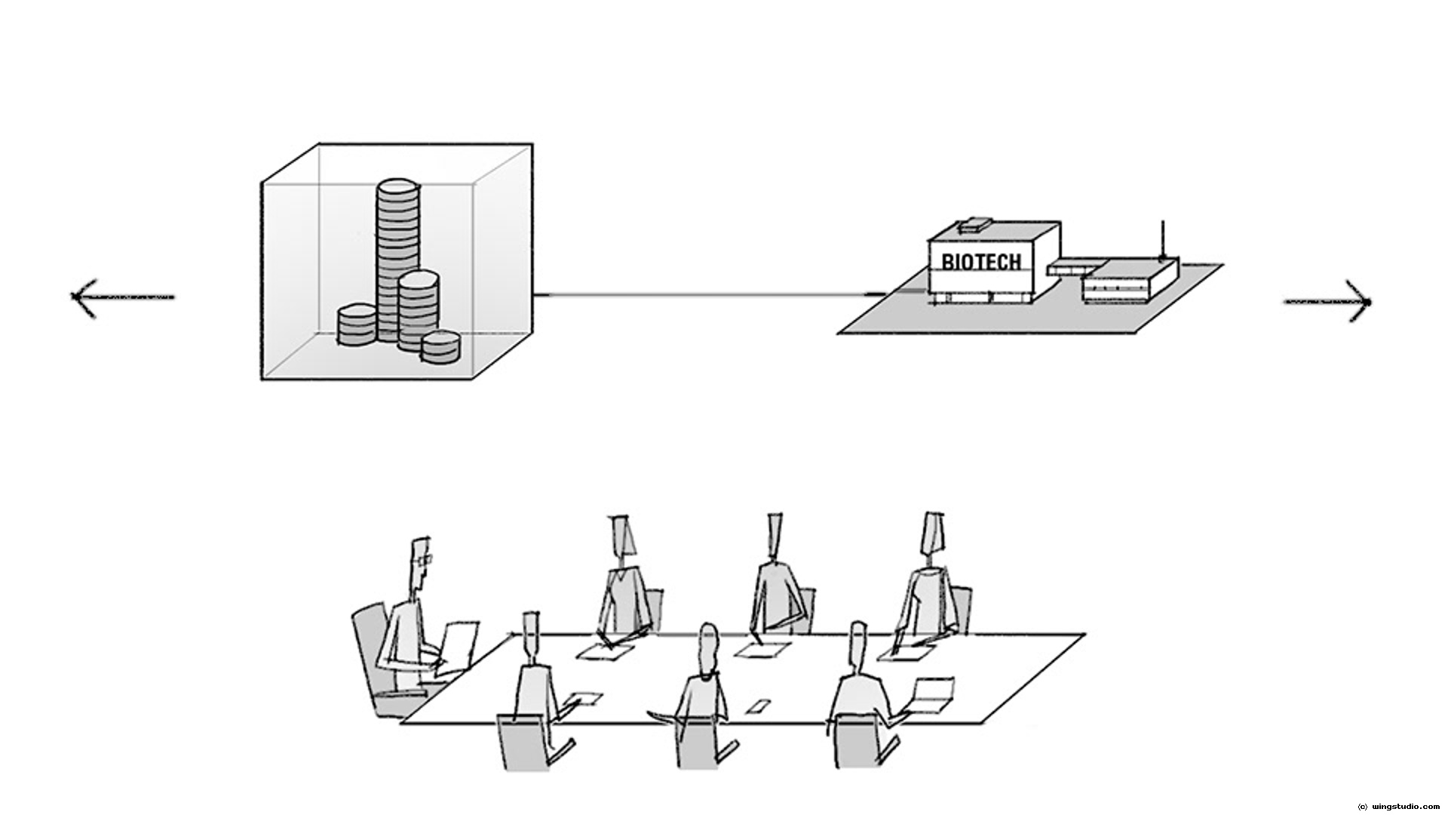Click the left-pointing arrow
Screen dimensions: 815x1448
coord(121,297)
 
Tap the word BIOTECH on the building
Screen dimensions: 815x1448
coord(981,261)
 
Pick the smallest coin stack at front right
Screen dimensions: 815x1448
coord(440,348)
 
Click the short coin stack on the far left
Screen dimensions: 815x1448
coord(356,325)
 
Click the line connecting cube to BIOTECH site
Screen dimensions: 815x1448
coord(701,294)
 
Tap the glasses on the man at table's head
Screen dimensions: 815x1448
coord(424,559)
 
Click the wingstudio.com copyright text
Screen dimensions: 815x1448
coord(1400,807)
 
